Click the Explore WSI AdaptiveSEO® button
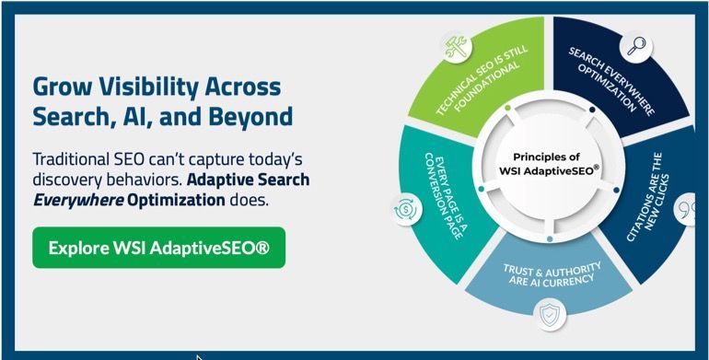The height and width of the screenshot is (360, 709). tap(158, 248)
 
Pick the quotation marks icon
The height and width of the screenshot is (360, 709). tap(684, 211)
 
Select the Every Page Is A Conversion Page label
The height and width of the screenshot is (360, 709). tap(442, 193)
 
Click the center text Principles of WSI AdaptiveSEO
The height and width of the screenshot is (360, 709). tap(549, 164)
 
